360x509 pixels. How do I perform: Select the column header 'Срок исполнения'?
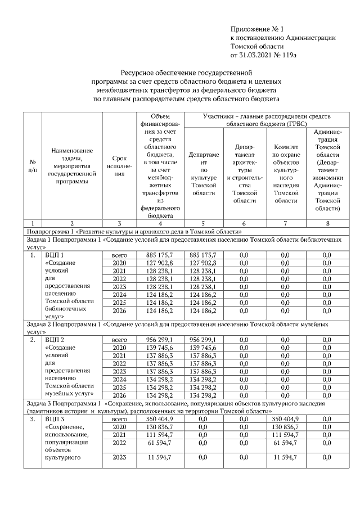[x=119, y=166]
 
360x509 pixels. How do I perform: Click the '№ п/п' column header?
[x=33, y=166]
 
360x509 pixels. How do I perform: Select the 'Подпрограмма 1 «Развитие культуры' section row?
[x=133, y=231]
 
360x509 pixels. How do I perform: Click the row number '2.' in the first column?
[x=33, y=340]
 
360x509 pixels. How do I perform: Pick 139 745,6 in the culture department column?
[x=202, y=348]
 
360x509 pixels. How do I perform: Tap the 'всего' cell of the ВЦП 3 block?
[x=119, y=419]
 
